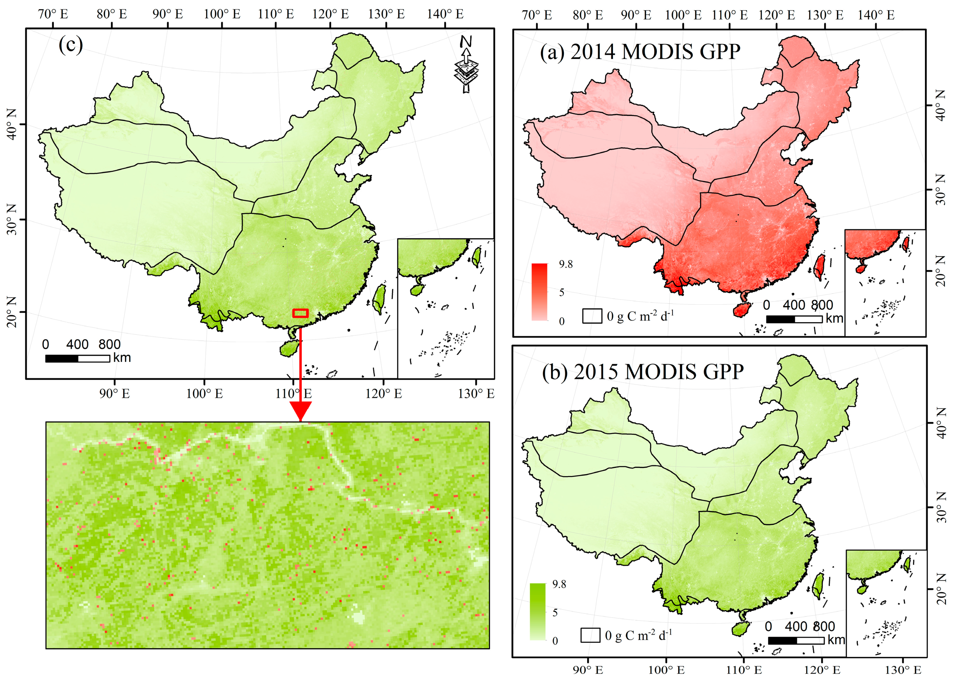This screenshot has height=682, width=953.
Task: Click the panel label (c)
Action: pos(70,44)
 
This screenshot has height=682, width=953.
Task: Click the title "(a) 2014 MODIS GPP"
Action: pos(640,52)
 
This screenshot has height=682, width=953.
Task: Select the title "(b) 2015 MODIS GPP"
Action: pos(642,372)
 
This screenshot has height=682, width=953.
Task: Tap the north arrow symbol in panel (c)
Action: pos(466,64)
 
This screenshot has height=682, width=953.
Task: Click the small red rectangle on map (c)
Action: pos(300,313)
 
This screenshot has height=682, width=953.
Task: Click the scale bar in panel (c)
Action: pos(77,359)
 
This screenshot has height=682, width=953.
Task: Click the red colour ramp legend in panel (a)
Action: pos(539,292)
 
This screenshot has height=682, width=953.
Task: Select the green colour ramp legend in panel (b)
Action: pos(538,612)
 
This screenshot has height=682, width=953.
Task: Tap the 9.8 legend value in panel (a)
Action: pos(565,264)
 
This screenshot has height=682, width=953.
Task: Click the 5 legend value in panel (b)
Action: pos(555,613)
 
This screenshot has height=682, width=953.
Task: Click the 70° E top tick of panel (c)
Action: pos(53,14)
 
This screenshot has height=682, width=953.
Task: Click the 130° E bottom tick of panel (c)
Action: pos(476,394)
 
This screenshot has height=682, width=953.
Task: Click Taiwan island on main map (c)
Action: pos(380,298)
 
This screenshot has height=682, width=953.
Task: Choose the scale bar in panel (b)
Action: pos(796,640)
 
